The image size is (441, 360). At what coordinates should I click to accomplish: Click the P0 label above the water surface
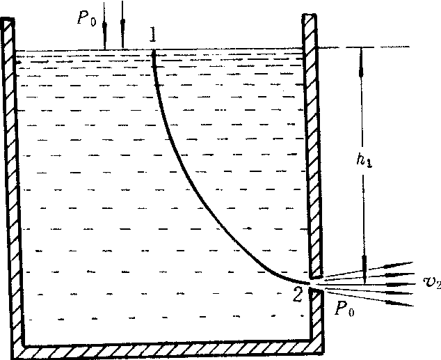coord(86,18)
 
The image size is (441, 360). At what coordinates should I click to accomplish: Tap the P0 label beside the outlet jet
coord(344,309)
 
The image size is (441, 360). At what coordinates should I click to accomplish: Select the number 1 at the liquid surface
coord(153,34)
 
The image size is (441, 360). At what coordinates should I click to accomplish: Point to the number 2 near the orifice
coord(298,295)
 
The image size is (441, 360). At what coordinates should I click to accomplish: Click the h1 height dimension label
coord(364,160)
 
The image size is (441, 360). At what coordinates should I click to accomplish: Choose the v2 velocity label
coord(432,281)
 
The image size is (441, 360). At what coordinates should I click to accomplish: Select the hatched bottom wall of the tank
coord(169,349)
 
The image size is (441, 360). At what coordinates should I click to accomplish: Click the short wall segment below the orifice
coord(316,315)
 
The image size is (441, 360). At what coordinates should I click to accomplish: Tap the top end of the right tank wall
coord(310,15)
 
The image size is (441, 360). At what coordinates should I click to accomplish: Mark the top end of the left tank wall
coord(8,19)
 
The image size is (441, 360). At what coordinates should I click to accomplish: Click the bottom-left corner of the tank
coord(13,357)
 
